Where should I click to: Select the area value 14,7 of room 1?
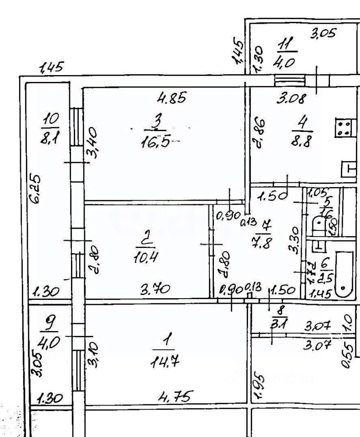[x=164, y=362]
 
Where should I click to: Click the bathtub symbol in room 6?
[x=343, y=273]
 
